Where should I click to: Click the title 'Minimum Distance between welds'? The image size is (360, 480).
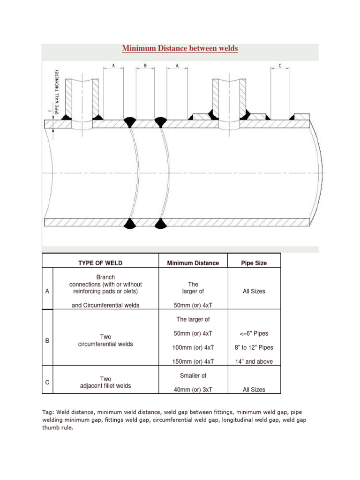click(180, 48)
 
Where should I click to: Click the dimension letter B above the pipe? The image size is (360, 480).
click(146, 66)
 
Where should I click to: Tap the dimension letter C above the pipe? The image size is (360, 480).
click(280, 66)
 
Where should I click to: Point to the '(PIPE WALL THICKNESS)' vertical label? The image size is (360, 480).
click(57, 92)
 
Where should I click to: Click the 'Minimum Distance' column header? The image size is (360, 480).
click(193, 263)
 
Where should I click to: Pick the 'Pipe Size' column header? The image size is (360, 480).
click(254, 263)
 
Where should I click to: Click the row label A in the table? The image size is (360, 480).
click(47, 291)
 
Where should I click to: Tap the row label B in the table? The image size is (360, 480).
click(47, 341)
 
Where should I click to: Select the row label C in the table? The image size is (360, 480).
click(47, 382)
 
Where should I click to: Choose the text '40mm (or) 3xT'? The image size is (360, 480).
click(193, 390)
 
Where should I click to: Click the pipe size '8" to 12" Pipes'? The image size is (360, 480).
click(254, 347)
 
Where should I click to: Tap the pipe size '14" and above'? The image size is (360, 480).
click(254, 361)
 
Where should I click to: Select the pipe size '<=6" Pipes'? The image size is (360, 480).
click(254, 333)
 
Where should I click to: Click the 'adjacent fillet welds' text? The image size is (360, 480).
click(105, 386)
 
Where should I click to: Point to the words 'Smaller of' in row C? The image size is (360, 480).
click(193, 375)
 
